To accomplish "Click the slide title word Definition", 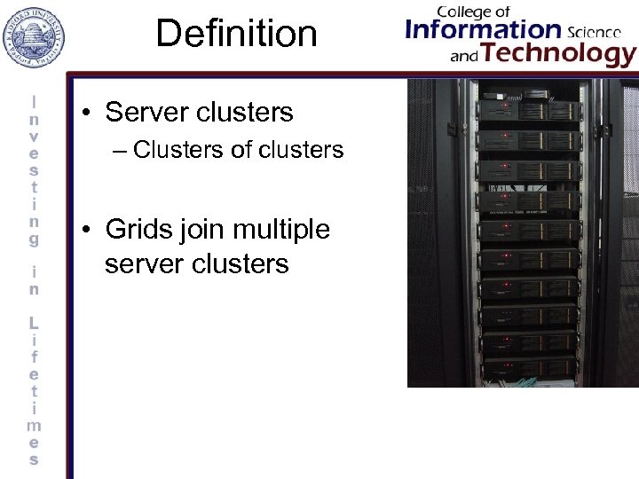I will point(236,34).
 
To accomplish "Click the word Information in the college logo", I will point(483,31).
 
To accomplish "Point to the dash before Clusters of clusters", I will point(121,151).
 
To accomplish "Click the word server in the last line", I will point(141,264).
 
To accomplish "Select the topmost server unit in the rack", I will point(527,111).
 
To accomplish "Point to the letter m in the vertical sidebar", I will point(34,425).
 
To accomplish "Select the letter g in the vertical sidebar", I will point(34,239).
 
